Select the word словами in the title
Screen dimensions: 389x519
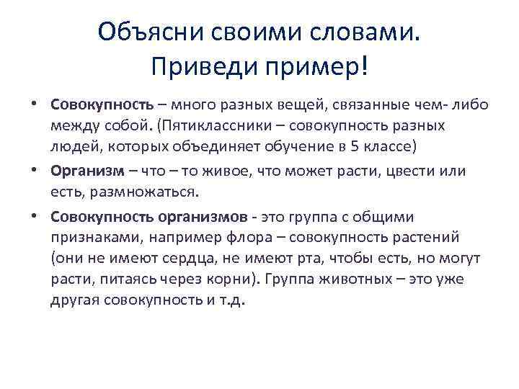(x=365, y=32)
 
